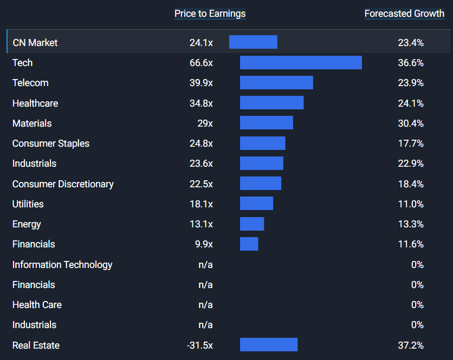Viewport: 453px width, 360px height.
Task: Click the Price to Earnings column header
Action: tap(210, 14)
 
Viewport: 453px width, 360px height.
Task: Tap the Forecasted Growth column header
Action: tap(404, 14)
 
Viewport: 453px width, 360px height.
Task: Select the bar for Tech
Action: tap(301, 63)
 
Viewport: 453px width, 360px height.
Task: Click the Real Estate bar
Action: tap(269, 345)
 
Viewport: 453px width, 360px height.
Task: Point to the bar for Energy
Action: tap(252, 224)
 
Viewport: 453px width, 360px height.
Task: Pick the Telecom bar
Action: tap(276, 83)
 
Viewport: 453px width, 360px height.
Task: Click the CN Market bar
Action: tap(253, 42)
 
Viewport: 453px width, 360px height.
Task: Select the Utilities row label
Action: tap(28, 204)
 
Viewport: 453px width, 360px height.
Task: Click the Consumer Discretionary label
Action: tap(63, 184)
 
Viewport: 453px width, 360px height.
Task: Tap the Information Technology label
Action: tap(62, 265)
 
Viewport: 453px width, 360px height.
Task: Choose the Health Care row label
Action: tap(37, 305)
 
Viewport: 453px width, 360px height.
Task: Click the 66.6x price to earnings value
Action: tap(201, 63)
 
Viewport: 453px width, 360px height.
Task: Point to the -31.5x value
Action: tap(200, 345)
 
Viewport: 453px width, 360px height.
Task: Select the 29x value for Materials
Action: tap(205, 123)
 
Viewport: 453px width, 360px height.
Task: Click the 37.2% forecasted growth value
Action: tap(411, 345)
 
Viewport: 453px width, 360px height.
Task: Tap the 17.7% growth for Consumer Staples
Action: tap(411, 143)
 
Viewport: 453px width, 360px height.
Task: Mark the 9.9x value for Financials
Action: tap(204, 244)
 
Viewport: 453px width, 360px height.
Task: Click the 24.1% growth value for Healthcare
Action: tap(411, 103)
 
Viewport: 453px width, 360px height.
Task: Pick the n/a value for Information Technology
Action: tap(205, 265)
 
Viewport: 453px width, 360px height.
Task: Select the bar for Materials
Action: tap(267, 123)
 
